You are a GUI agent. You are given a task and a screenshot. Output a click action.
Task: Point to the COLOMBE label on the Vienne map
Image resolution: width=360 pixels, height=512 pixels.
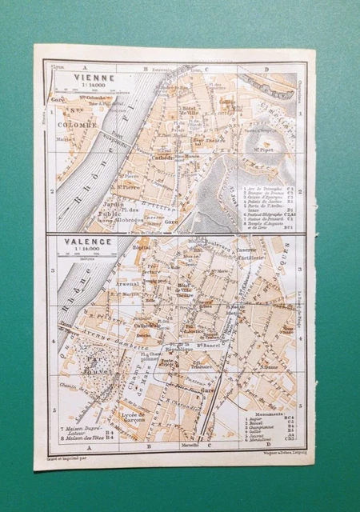tap(78, 126)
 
